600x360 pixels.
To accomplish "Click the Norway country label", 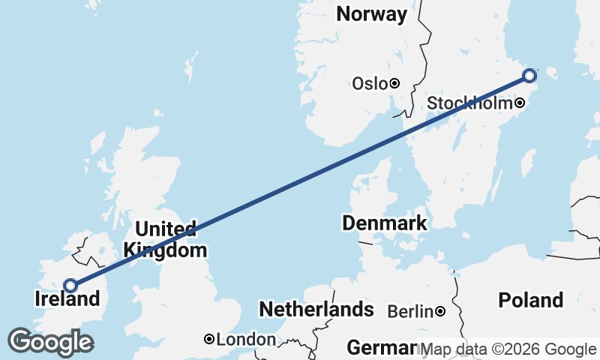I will [x=372, y=14].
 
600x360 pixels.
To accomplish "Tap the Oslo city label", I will [x=369, y=83].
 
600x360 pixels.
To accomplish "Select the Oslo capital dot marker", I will [x=394, y=83].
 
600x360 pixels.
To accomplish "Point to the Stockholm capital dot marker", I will [x=518, y=103].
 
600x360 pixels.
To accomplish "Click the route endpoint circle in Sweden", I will [x=529, y=75].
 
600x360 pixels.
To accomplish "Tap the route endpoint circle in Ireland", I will [x=70, y=285].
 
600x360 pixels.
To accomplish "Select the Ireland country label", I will [x=67, y=299].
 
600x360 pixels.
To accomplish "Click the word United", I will [x=165, y=229].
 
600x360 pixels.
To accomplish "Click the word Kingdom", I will [x=165, y=250].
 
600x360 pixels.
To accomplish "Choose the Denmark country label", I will [x=385, y=223].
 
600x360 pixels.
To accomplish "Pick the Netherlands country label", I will [x=316, y=309].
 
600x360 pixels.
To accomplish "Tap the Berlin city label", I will [x=410, y=311].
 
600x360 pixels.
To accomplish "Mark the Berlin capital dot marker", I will [x=440, y=311].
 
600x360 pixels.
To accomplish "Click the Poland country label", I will [x=531, y=300].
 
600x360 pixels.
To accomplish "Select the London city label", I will [x=246, y=340].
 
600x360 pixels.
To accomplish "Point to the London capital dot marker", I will [x=209, y=340].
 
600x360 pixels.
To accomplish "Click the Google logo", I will [x=50, y=343].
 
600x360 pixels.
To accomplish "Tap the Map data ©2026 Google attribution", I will [x=508, y=349].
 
